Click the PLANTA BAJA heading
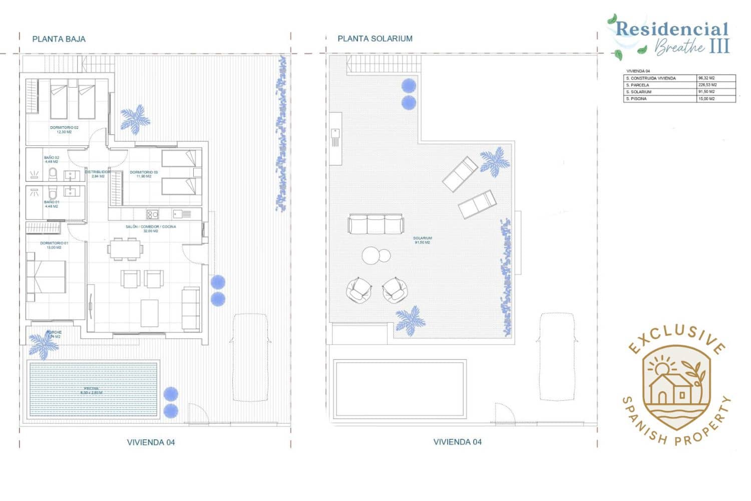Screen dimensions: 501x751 click(x=59, y=39)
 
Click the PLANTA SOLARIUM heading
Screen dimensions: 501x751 click(x=374, y=39)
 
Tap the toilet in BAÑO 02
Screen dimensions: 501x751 click(x=53, y=174)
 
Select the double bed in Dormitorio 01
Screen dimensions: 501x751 click(x=47, y=277)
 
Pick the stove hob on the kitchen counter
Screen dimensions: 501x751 click(x=152, y=215)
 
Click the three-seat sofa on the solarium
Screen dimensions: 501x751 click(x=376, y=224)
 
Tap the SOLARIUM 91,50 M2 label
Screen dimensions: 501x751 click(x=422, y=240)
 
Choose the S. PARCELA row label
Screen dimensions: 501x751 click(x=637, y=85)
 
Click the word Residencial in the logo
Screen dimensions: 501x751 click(x=671, y=29)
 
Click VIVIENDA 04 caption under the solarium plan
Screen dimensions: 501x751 click(x=457, y=442)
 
